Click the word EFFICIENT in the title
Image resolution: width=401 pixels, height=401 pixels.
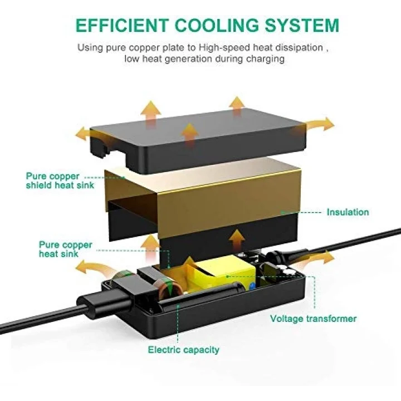coord(122,25)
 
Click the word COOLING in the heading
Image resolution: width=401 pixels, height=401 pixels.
coord(217,25)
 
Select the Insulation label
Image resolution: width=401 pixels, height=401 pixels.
coord(348,212)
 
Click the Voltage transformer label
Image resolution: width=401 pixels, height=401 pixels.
coord(313,319)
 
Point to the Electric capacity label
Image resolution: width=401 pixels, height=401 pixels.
coord(184,350)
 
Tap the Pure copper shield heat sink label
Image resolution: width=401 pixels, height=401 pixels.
coord(60,180)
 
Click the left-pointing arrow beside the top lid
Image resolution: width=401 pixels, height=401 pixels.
coord(85,134)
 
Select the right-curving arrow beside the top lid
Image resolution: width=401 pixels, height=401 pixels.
coord(320,124)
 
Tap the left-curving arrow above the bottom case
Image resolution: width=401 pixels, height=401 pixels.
coord(95,269)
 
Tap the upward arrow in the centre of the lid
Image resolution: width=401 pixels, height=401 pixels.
coord(189,135)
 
